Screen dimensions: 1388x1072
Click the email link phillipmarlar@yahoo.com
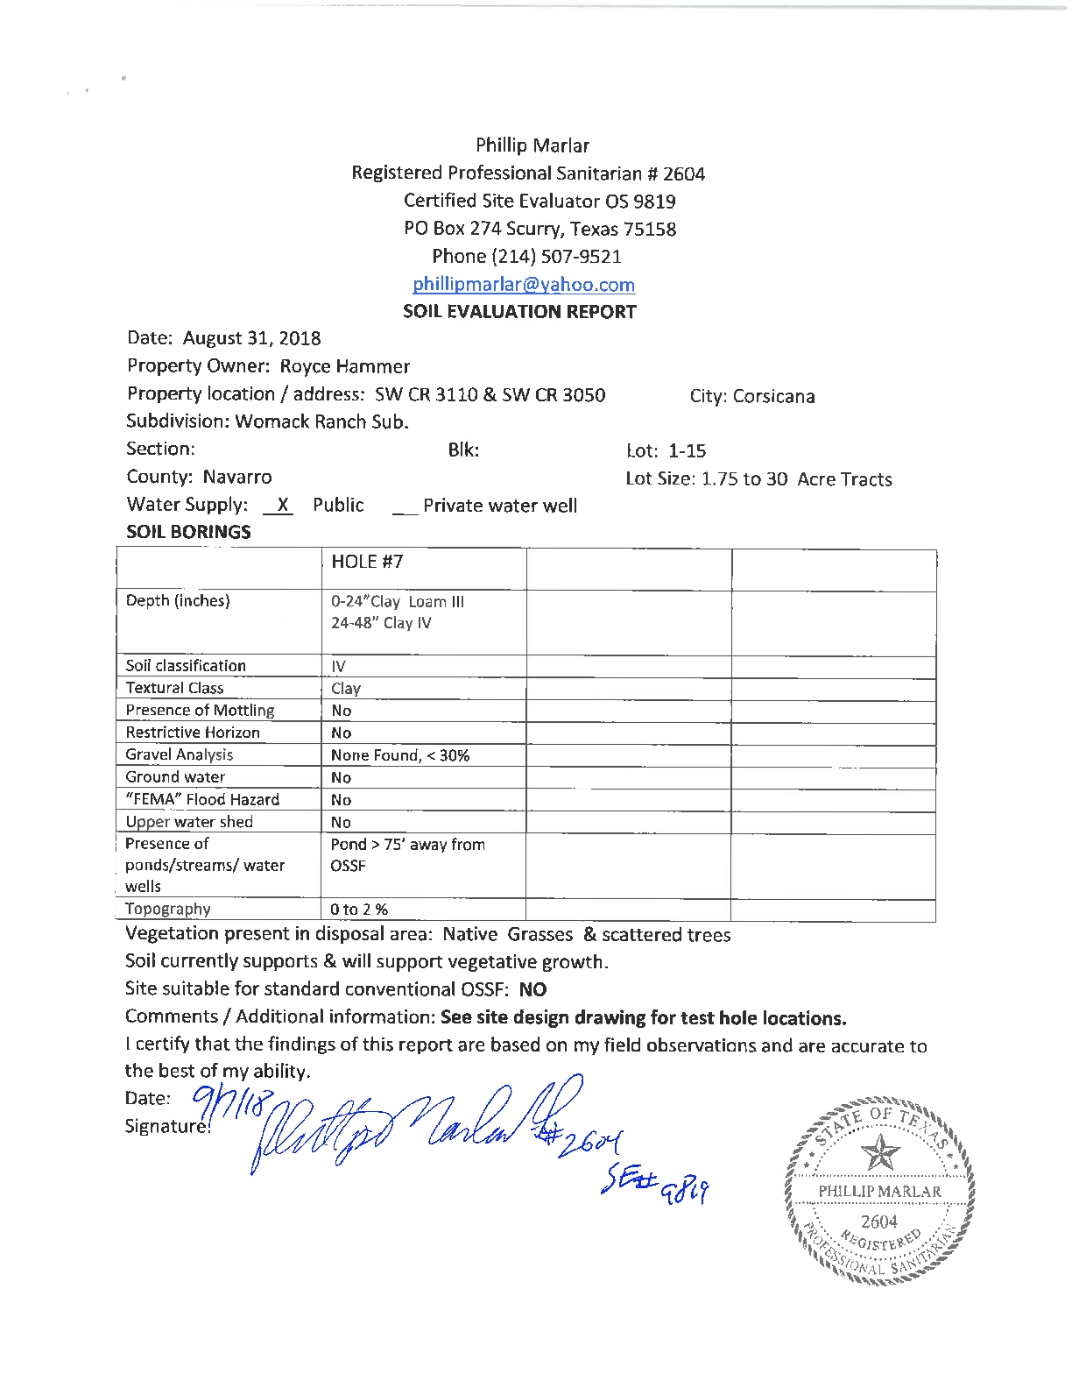(x=524, y=284)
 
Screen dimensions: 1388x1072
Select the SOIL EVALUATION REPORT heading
(x=519, y=311)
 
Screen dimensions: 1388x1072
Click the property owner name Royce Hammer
(x=344, y=366)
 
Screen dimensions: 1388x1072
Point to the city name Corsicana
(x=773, y=396)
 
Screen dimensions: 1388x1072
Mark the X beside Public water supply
(x=281, y=505)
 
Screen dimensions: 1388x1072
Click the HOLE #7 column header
(x=367, y=562)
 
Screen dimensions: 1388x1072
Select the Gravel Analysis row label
(x=180, y=754)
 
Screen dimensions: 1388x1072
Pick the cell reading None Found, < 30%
(x=400, y=755)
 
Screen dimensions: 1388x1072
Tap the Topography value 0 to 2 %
(x=359, y=910)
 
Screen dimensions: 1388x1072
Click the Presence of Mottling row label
(x=200, y=710)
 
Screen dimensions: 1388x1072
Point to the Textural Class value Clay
(x=346, y=689)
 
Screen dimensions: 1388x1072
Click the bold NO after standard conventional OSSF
(x=532, y=989)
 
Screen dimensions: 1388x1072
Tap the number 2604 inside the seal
(x=878, y=1222)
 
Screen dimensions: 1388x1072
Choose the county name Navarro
(x=237, y=477)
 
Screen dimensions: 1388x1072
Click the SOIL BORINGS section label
(x=188, y=532)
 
